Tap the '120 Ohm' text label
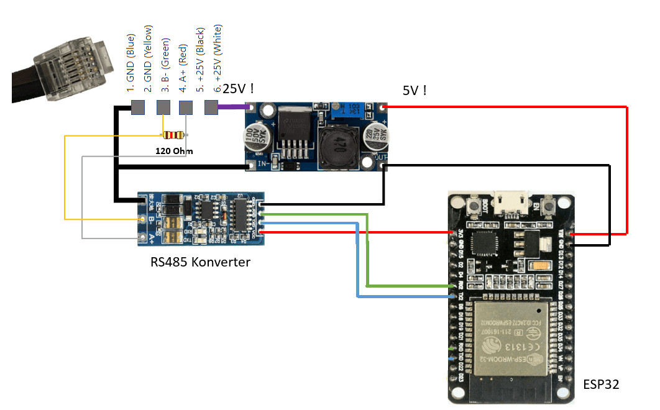click(174, 151)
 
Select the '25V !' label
click(238, 89)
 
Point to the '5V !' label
click(415, 91)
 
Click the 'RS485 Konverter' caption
click(200, 262)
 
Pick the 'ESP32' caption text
click(600, 385)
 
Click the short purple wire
click(232, 107)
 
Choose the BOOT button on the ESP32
click(474, 206)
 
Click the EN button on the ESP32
click(549, 206)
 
